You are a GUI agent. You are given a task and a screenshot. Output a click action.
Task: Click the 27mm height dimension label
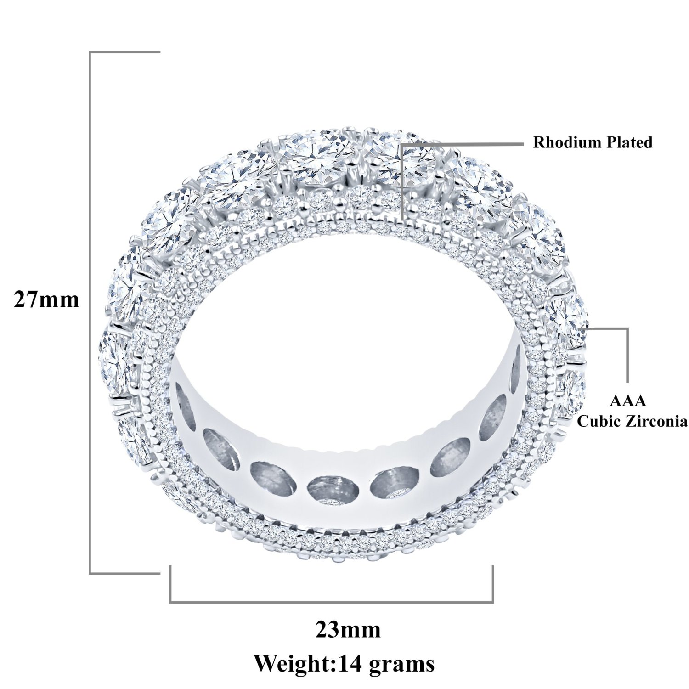(x=46, y=300)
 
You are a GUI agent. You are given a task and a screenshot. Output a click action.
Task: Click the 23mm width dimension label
(x=348, y=630)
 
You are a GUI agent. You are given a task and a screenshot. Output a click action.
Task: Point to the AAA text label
(x=628, y=401)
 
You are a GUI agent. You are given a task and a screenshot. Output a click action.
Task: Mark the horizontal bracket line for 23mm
(x=332, y=601)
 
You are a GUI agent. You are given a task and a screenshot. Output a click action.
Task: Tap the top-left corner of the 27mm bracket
(x=90, y=52)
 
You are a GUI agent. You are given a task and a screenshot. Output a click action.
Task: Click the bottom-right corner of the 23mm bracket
(x=492, y=602)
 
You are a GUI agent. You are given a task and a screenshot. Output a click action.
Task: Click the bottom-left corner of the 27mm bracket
(x=90, y=573)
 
